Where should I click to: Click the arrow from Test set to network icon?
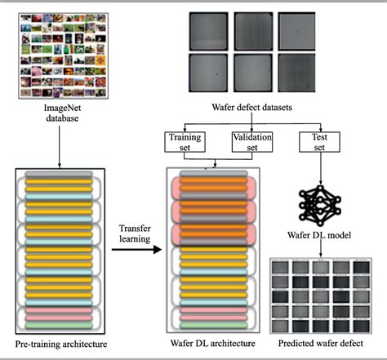click(319, 167)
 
